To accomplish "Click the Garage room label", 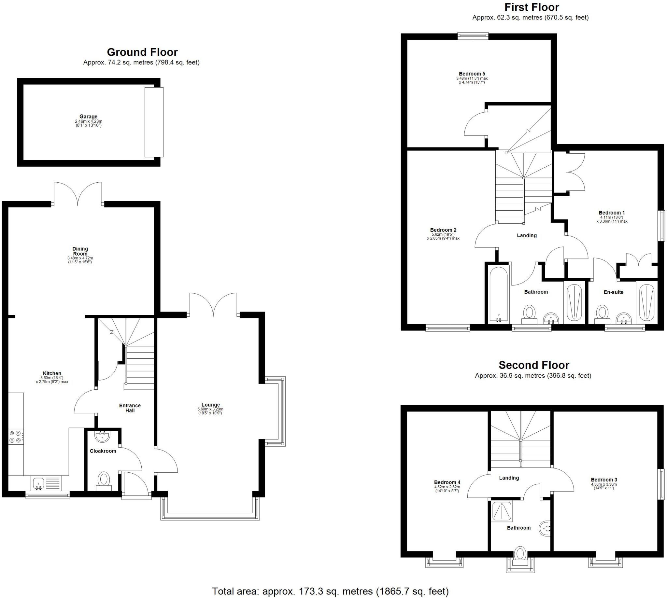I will [88, 116].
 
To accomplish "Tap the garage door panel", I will [154, 122].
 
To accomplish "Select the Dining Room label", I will [80, 251].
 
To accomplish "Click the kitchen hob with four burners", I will [15, 436].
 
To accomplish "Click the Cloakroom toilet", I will [104, 480].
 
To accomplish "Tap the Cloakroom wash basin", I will [102, 437].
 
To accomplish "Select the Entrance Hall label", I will [130, 408].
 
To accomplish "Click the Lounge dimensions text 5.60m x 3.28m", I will [210, 409].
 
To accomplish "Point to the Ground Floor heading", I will [142, 52].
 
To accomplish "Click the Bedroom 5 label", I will [472, 74].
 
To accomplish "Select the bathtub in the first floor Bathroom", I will [499, 294].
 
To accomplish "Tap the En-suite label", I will [613, 292].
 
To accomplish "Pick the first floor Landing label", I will [527, 235].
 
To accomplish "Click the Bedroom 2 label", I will [443, 230].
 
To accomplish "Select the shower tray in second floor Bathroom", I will [502, 512].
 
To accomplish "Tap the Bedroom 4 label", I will [447, 482].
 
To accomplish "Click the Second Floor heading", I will [533, 365].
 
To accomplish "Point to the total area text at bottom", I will [330, 591].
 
